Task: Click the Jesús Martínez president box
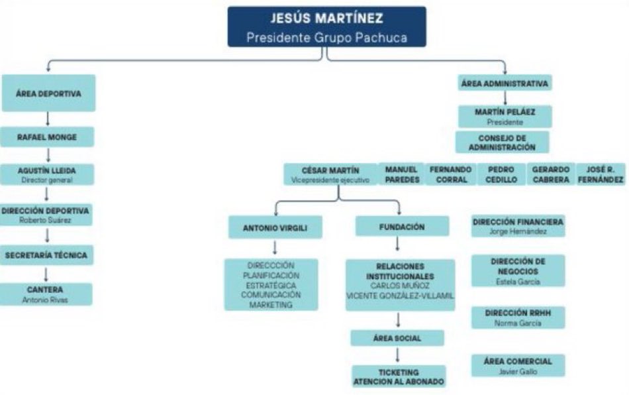click(327, 27)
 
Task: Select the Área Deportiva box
click(48, 93)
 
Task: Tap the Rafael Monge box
click(47, 137)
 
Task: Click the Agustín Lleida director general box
click(47, 174)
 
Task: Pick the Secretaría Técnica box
click(46, 255)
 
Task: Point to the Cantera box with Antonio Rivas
click(46, 294)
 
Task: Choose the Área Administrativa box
click(505, 83)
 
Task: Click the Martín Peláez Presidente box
click(505, 117)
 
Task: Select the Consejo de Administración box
click(503, 142)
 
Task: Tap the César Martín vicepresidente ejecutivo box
click(330, 174)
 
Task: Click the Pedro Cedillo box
click(501, 174)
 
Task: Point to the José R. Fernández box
click(601, 174)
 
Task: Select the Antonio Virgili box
click(275, 227)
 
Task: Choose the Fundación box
click(402, 227)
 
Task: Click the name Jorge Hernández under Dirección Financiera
click(518, 231)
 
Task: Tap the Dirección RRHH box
click(518, 317)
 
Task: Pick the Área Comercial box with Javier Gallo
click(518, 366)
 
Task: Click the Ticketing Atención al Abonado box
click(399, 376)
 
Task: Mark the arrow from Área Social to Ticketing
click(397, 355)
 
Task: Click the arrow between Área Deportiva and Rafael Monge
click(48, 119)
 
